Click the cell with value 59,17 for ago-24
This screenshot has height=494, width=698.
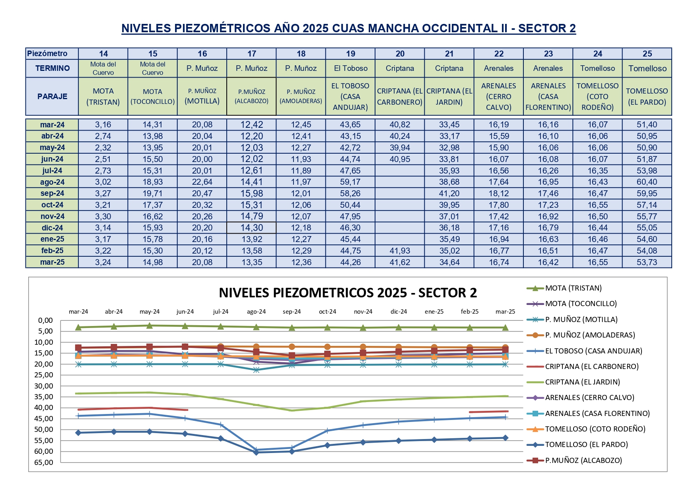point(350,182)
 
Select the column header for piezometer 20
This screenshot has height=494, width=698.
point(400,54)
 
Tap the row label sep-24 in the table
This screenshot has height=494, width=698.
point(52,193)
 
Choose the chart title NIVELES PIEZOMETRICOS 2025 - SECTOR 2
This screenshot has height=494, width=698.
point(348,293)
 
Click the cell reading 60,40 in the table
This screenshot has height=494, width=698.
point(647,182)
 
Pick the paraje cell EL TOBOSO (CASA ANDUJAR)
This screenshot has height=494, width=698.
point(350,96)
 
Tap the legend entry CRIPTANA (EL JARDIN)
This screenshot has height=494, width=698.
point(582,382)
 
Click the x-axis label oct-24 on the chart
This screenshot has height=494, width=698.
point(327,312)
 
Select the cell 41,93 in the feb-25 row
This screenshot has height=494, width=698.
point(400,251)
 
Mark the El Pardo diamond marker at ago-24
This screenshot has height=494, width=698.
point(256,452)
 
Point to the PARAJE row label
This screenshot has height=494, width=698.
point(52,96)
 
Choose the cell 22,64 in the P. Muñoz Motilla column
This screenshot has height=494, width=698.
point(202,182)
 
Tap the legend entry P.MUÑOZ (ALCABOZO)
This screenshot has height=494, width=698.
point(583,461)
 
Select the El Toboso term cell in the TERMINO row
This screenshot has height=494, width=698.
point(350,68)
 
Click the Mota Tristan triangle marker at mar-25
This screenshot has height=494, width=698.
point(505,328)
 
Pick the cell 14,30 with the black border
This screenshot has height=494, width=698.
point(251,228)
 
